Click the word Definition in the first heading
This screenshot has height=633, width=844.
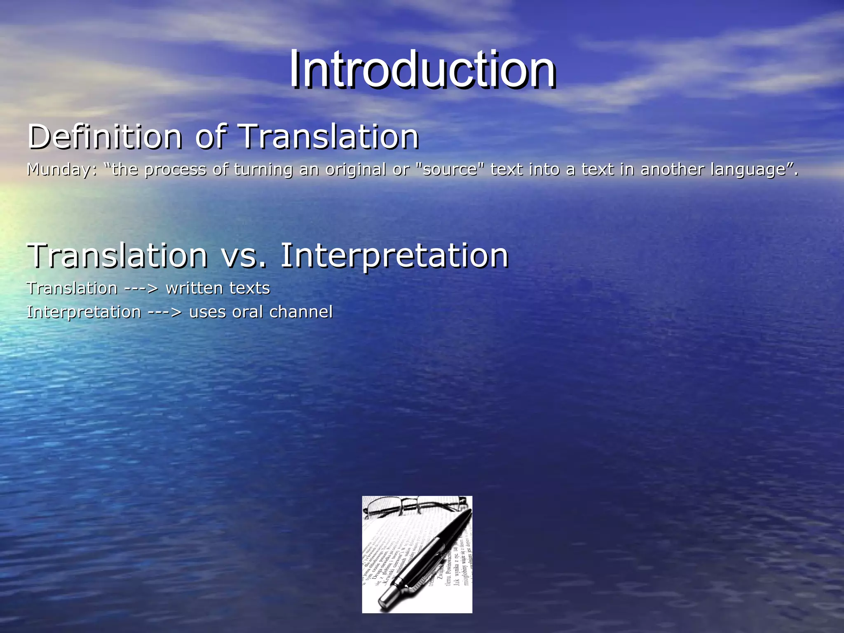point(105,137)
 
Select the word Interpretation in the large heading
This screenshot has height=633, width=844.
point(394,256)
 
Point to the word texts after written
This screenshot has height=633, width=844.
point(249,288)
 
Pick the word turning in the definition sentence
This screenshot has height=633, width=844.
point(263,170)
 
